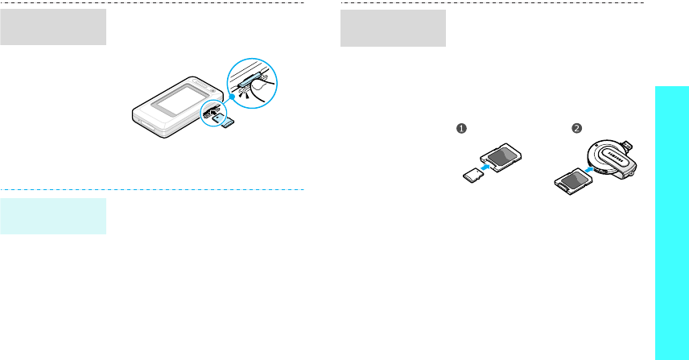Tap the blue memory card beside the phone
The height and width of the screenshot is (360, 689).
(225, 121)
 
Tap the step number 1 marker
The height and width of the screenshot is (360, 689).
(463, 128)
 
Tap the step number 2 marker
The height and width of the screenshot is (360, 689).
(578, 128)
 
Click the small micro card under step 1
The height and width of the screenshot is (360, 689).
(471, 174)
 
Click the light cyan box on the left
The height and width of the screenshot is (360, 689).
(53, 216)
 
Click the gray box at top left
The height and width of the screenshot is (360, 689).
(53, 28)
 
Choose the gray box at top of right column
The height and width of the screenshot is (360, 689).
(393, 28)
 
